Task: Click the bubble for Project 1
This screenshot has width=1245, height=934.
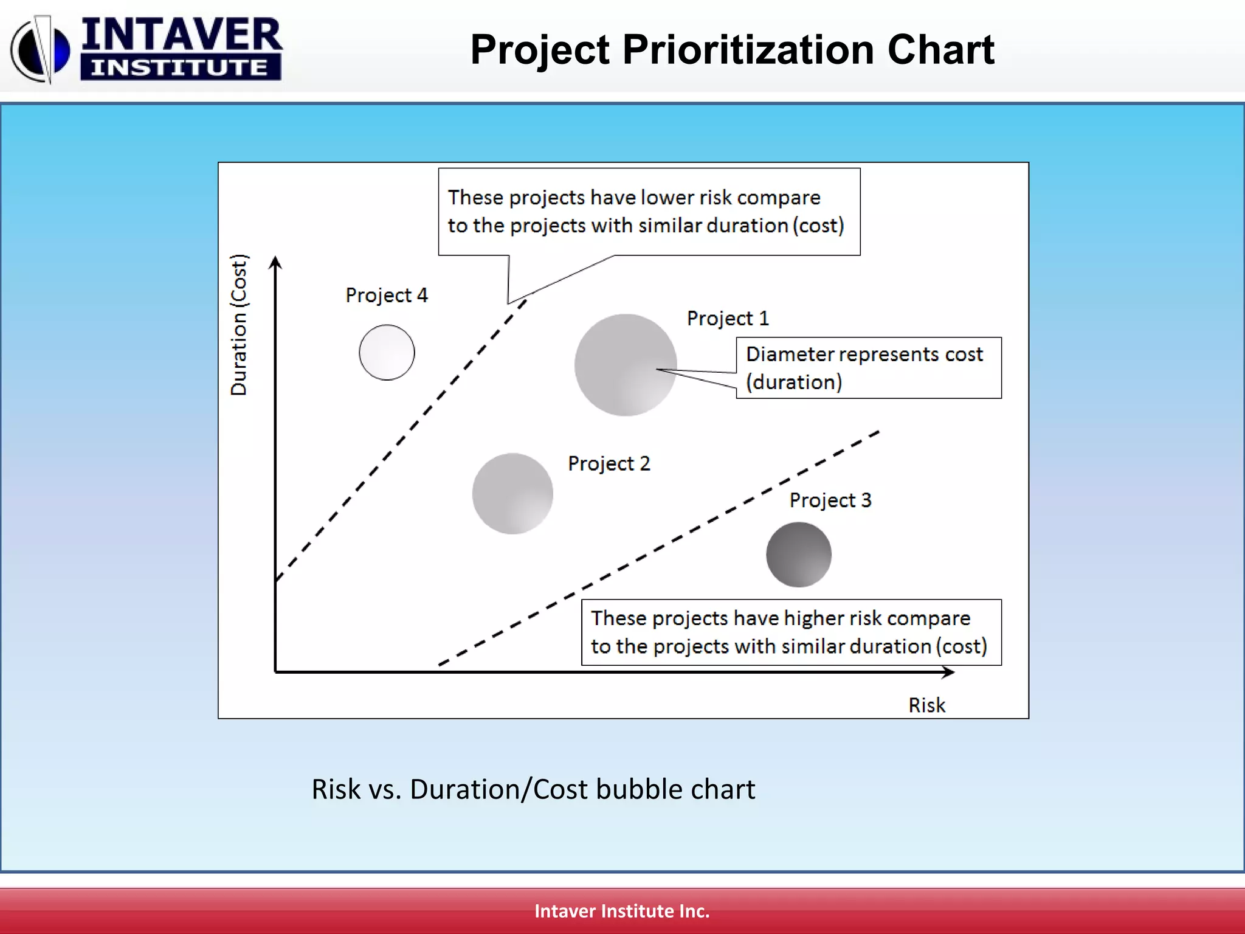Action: [625, 365]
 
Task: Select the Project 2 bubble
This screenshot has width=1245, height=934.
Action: [512, 494]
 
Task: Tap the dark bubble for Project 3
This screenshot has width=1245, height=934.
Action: [798, 555]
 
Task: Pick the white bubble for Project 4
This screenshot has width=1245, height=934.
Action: [387, 353]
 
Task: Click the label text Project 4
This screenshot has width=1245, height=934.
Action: [387, 296]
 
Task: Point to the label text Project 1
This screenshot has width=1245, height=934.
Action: [728, 319]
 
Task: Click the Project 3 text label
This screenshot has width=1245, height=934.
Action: [830, 500]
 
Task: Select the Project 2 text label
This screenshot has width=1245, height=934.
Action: [609, 464]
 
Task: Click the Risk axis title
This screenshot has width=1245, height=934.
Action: [926, 705]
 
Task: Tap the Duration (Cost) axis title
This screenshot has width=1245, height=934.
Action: [239, 325]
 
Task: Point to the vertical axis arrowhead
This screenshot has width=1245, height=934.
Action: [275, 262]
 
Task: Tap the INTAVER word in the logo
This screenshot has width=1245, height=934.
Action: [181, 35]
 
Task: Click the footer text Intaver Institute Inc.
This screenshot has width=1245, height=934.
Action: [622, 911]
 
